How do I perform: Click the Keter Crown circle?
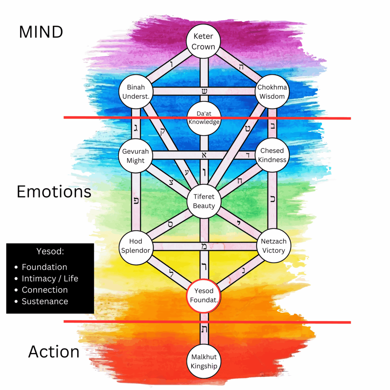coord(203,41)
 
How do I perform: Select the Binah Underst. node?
coord(136,91)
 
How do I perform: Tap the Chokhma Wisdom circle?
coord(272,91)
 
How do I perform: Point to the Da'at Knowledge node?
coord(204,118)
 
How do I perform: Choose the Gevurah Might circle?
coord(136,156)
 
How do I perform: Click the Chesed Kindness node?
coord(272,155)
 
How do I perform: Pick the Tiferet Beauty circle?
coord(204,201)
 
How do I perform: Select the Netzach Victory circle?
coord(273,246)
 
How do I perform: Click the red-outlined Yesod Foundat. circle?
coord(204,296)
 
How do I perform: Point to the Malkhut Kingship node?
coord(204,361)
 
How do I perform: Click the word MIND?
coord(41,32)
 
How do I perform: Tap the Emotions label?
coord(54,192)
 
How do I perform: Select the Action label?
coord(54,352)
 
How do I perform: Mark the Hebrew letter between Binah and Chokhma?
coord(204,91)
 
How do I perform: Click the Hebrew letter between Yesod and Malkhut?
coord(204,329)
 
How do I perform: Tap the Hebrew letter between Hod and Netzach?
coord(204,246)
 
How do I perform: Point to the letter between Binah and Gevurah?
coord(136,128)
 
